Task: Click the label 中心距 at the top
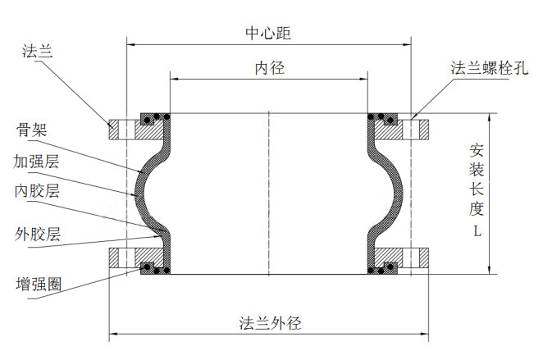(268, 34)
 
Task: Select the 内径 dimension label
(269, 69)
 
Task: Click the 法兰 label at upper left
(37, 52)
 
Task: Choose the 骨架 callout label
(32, 130)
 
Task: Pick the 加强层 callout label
(37, 161)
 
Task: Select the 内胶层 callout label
(37, 191)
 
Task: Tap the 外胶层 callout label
(38, 235)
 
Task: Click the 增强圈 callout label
(38, 285)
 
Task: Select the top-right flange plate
(409, 129)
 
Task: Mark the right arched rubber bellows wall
(399, 193)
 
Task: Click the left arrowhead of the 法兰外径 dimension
(113, 334)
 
